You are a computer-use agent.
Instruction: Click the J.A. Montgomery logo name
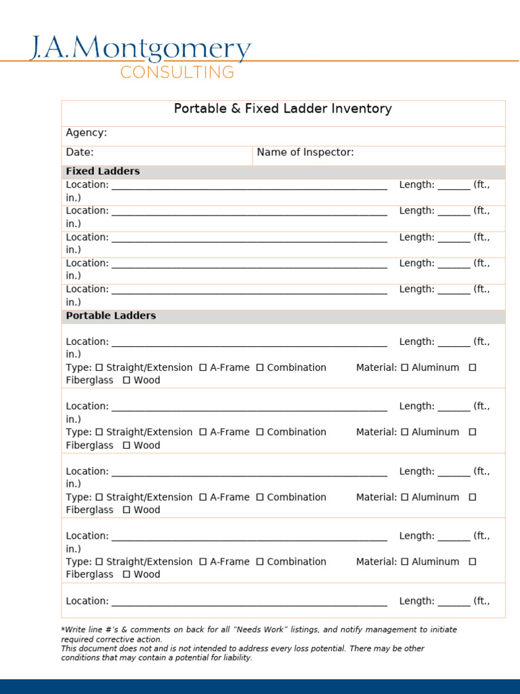pos(140,50)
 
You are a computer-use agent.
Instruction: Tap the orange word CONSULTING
pos(177,73)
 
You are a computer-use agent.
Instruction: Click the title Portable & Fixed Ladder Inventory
pos(283,108)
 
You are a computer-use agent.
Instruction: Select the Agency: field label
pos(86,133)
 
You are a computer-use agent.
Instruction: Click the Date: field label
pos(80,152)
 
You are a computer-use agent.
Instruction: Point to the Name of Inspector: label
pos(305,152)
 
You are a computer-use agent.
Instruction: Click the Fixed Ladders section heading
pos(103,171)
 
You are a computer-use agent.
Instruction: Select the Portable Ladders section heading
pos(111,316)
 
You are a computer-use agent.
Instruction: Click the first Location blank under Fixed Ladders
pos(249,186)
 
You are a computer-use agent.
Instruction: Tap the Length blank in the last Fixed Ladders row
pos(454,290)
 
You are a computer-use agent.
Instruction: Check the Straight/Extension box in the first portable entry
pos(100,368)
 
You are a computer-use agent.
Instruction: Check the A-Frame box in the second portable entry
pos(203,432)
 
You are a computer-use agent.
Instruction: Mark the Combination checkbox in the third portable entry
pos(260,497)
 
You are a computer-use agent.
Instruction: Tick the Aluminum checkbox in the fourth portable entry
pos(405,562)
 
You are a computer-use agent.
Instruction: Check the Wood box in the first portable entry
pos(127,381)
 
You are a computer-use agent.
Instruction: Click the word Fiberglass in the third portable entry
pos(89,510)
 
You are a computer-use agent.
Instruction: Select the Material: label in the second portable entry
pos(376,432)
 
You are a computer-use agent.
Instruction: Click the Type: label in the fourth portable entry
pos(79,562)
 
